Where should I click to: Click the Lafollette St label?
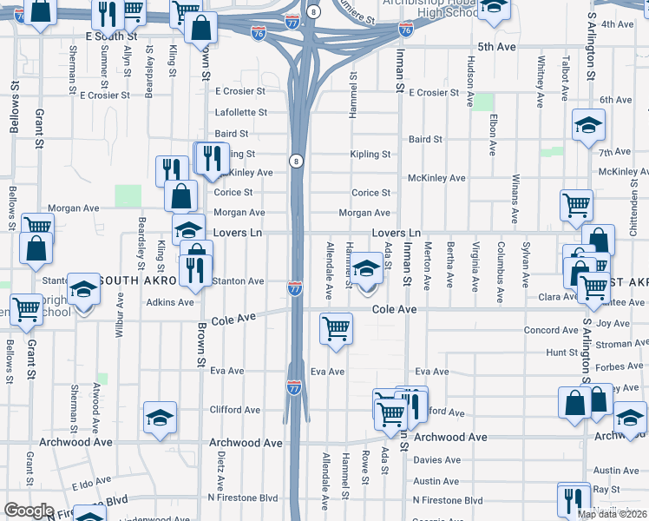(240, 113)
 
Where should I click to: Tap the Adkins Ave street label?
(170, 302)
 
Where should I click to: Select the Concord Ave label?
(551, 331)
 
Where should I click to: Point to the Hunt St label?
(562, 353)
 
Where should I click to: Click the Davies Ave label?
(436, 459)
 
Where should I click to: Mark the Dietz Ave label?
(222, 470)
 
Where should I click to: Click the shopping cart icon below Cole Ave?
(336, 328)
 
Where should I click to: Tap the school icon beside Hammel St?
(367, 268)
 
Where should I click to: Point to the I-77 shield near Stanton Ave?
(295, 288)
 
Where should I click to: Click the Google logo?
(29, 511)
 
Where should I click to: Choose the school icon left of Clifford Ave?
(160, 418)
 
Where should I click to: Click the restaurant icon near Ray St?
(574, 498)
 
